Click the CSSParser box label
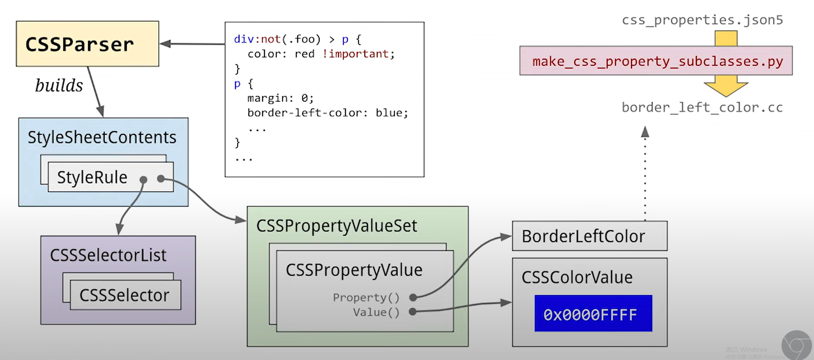pos(80,44)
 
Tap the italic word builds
pos(59,85)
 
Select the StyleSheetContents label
pos(102,137)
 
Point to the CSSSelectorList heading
pos(108,255)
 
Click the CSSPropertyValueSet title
pos(337,226)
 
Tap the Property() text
pos(366,297)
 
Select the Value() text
pos(376,312)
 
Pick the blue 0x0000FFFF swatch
pos(593,314)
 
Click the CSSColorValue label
pos(577,277)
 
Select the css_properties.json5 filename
pos(702,20)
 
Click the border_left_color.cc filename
pos(702,108)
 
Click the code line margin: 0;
pos(280,98)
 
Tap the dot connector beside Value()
pos(412,312)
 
